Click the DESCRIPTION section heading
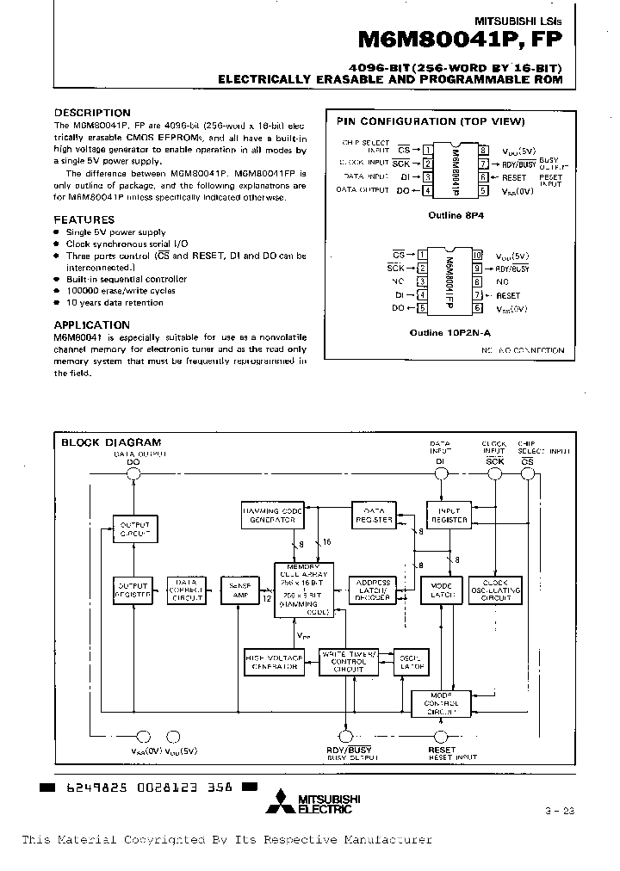(x=92, y=113)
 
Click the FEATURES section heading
(x=84, y=220)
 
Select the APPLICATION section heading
(x=92, y=325)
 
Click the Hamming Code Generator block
(x=272, y=516)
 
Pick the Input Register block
(x=449, y=515)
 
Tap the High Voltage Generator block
(x=274, y=660)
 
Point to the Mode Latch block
(x=441, y=590)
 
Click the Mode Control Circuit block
(x=441, y=703)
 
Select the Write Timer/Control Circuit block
(x=349, y=661)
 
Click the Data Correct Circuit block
(x=185, y=590)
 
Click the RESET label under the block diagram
(x=442, y=750)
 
